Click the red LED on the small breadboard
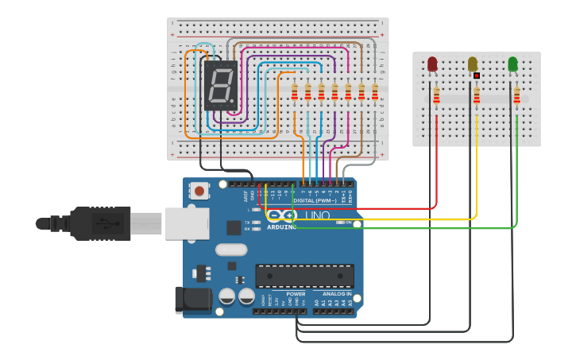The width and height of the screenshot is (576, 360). tap(432, 64)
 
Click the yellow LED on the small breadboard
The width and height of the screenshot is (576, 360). tap(473, 64)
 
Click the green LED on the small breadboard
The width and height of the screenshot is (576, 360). tap(512, 64)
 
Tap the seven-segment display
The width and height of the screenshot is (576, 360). tap(221, 85)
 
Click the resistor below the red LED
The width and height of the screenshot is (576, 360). tap(436, 96)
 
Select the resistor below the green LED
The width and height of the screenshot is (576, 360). tap(516, 96)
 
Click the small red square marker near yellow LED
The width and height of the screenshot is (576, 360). tap(477, 75)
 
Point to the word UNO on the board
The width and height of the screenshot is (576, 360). tap(318, 215)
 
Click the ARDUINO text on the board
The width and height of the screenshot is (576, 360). tap(281, 226)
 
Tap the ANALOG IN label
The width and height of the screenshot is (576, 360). tap(334, 294)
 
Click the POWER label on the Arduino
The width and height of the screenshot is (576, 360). tap(296, 294)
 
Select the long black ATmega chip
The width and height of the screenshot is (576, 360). tap(304, 276)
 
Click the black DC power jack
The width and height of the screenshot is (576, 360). tap(193, 299)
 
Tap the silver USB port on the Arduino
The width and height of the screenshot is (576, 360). tap(186, 223)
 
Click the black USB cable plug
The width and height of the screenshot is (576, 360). tap(100, 223)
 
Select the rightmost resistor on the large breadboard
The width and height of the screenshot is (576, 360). tap(374, 93)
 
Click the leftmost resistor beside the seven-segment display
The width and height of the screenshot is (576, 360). tap(295, 93)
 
